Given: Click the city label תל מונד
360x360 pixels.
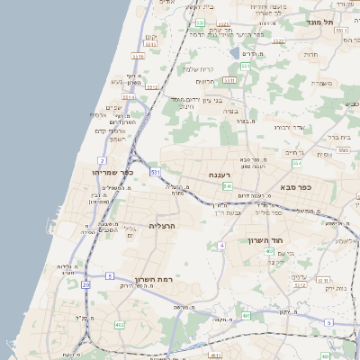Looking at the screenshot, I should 319,22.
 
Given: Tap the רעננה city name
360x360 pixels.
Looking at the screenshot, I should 220,175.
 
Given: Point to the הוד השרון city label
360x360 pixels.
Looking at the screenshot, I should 267,240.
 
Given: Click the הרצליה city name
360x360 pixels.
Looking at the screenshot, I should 166,226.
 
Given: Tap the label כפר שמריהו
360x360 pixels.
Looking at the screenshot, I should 112,171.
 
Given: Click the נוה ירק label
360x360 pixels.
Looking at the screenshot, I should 334,288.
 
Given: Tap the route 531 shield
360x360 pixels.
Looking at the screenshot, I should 156,170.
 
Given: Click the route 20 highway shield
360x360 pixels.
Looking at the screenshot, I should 85,284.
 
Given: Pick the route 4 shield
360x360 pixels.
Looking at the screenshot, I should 220,245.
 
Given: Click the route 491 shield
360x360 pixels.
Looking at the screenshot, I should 246,316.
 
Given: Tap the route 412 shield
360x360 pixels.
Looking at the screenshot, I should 120,323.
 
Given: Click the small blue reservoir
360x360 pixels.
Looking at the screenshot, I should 235,52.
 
